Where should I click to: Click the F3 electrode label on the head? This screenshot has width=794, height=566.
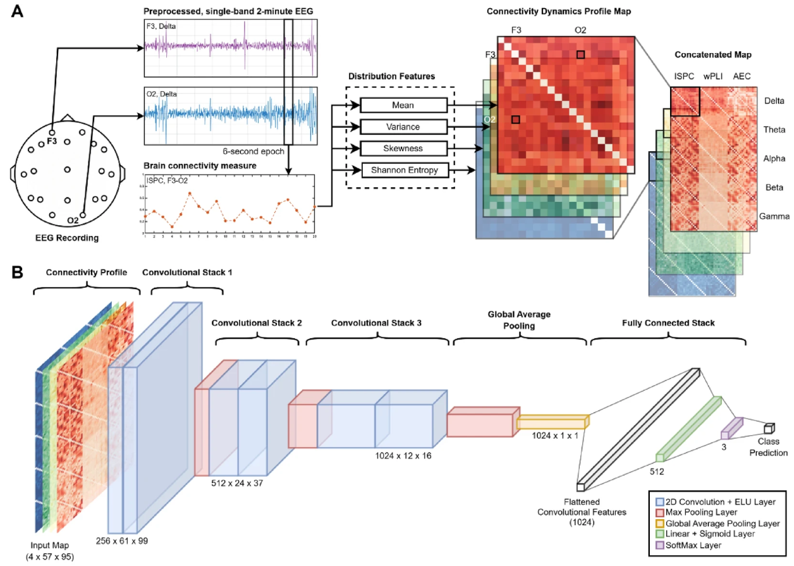click(52, 141)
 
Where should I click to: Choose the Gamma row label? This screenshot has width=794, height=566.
click(776, 217)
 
